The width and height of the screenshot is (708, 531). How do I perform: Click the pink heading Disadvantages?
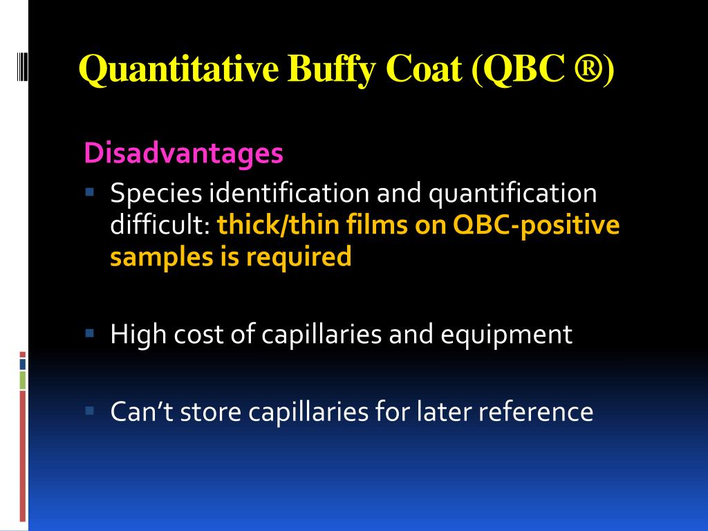(183, 153)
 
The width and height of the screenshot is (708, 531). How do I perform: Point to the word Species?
(156, 194)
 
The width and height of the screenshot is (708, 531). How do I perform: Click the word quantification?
(512, 194)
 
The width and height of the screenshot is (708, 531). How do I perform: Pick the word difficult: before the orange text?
(161, 225)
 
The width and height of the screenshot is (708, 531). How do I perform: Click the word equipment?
(507, 335)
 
